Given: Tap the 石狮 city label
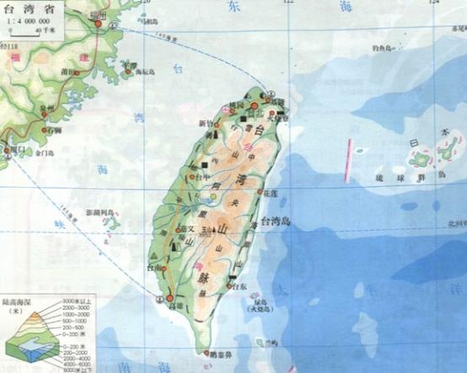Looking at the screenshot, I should point(55,131).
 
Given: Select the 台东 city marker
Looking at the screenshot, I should point(225,288).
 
